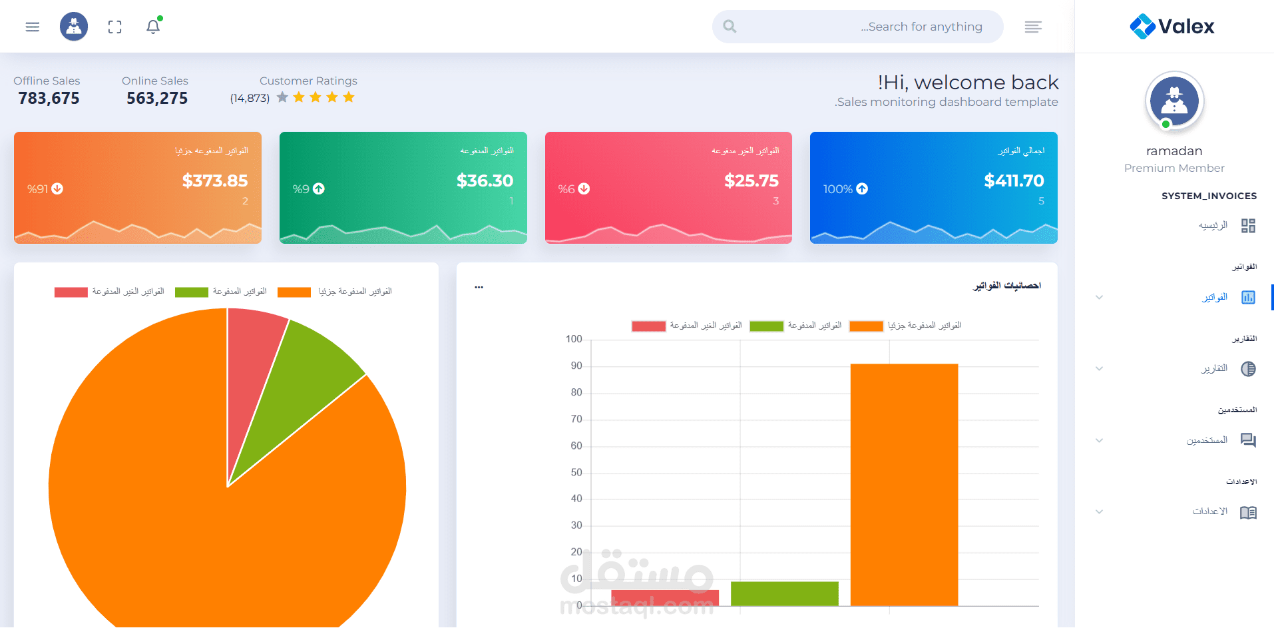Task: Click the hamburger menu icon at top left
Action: click(x=33, y=27)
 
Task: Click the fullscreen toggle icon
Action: click(x=115, y=27)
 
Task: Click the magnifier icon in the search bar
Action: click(x=730, y=27)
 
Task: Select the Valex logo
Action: click(x=1172, y=27)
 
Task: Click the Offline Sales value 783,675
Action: click(x=49, y=99)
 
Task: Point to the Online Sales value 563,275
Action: click(x=157, y=99)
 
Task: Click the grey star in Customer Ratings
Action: click(x=282, y=97)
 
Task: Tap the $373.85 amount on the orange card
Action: click(x=215, y=180)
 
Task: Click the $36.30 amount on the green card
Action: click(x=485, y=180)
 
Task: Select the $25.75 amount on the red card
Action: click(x=751, y=180)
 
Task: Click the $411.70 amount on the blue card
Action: click(x=1014, y=180)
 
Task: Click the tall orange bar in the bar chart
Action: click(x=904, y=485)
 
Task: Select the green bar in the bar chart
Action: click(x=785, y=594)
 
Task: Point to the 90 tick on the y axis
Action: click(x=576, y=366)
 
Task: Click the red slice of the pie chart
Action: click(x=254, y=360)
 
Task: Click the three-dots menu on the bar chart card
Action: click(x=479, y=287)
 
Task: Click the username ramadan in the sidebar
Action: click(x=1174, y=151)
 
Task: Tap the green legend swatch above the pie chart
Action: click(x=192, y=292)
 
